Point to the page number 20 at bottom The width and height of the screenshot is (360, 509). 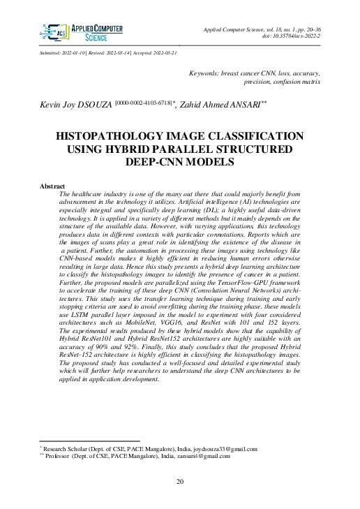point(179,482)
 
